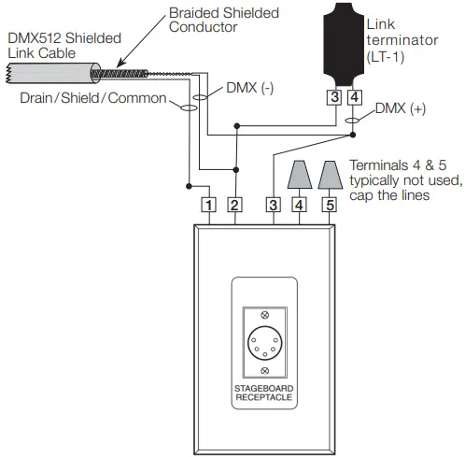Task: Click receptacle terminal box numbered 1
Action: click(x=208, y=205)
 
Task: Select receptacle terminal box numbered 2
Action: click(x=234, y=205)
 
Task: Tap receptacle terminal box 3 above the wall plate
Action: click(x=274, y=205)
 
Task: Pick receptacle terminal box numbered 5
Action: click(x=330, y=205)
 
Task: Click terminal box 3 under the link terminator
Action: click(x=334, y=97)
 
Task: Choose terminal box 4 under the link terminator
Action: click(x=354, y=97)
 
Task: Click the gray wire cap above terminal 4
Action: click(x=300, y=175)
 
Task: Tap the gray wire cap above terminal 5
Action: click(x=330, y=175)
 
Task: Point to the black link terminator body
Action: click(x=344, y=44)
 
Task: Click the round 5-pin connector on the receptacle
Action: click(x=264, y=343)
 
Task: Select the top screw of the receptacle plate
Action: click(x=264, y=315)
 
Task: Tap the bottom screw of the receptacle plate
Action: click(x=264, y=370)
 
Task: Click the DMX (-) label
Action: click(x=250, y=88)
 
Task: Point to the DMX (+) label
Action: click(x=401, y=108)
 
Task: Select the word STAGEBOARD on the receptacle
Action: click(x=264, y=389)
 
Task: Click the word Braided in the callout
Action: click(x=194, y=13)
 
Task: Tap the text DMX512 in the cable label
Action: click(x=35, y=38)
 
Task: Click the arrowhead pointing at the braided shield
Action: click(x=120, y=64)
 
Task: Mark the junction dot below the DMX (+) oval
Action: click(x=353, y=135)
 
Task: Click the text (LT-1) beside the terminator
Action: click(x=386, y=57)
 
